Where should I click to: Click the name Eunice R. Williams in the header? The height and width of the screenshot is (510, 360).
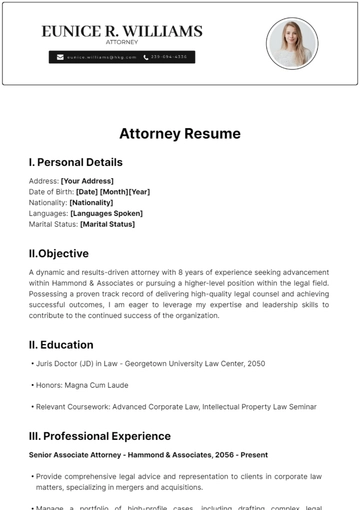pyautogui.click(x=122, y=32)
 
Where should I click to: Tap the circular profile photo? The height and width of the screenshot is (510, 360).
pyautogui.click(x=292, y=43)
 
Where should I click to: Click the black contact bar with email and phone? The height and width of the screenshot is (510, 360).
pyautogui.click(x=122, y=58)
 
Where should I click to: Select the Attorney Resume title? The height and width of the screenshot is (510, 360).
pyautogui.click(x=180, y=133)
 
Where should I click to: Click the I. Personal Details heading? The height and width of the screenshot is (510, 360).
pyautogui.click(x=76, y=162)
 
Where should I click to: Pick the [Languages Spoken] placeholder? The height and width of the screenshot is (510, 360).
pyautogui.click(x=106, y=213)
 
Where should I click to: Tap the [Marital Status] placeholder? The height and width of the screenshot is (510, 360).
pyautogui.click(x=102, y=224)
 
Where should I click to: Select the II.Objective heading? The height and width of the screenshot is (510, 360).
pyautogui.click(x=59, y=254)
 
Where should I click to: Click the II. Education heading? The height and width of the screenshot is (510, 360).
pyautogui.click(x=61, y=345)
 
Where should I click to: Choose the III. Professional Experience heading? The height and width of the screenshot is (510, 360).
pyautogui.click(x=100, y=436)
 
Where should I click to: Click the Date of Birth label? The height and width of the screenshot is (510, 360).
pyautogui.click(x=51, y=191)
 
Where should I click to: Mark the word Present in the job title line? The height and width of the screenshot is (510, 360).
pyautogui.click(x=256, y=455)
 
